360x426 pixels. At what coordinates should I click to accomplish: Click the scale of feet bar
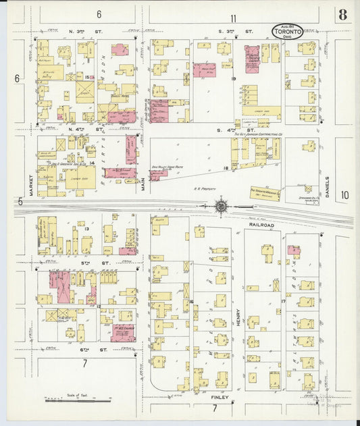click(78, 399)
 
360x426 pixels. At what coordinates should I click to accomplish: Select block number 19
click(233, 79)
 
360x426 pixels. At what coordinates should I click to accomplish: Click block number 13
click(86, 230)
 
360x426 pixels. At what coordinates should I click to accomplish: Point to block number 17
click(283, 302)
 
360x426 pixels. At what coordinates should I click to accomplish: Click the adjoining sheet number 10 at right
click(344, 195)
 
